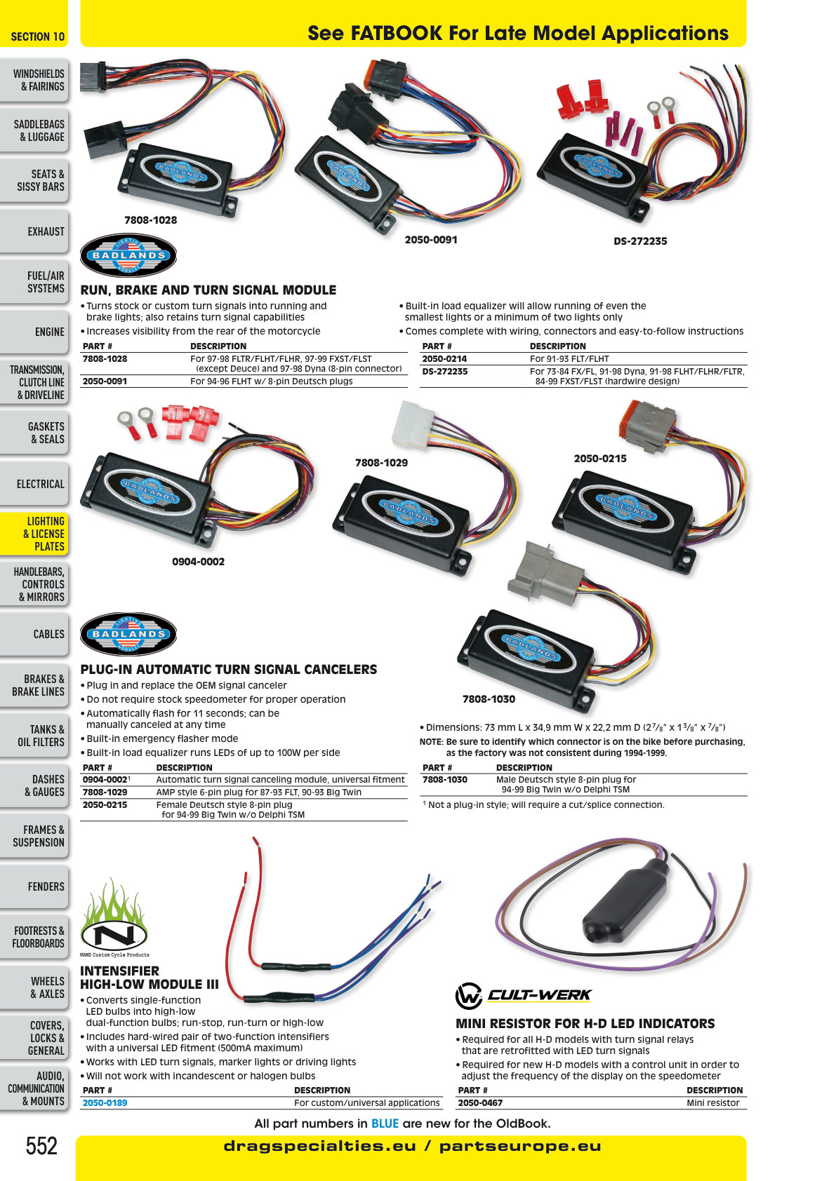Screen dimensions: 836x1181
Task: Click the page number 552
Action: point(41,1146)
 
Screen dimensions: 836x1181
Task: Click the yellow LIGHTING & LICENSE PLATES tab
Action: point(34,534)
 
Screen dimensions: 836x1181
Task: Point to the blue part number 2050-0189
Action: point(105,1102)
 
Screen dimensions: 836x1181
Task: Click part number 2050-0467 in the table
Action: point(480,1102)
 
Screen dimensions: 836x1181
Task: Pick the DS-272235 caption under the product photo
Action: point(640,241)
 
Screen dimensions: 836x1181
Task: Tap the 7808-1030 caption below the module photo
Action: point(489,699)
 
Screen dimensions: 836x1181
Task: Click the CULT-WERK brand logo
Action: point(523,995)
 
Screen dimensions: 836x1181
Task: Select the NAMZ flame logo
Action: point(114,917)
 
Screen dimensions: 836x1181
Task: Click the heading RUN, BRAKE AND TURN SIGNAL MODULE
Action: point(208,290)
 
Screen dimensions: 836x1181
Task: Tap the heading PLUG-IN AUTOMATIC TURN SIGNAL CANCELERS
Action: point(229,670)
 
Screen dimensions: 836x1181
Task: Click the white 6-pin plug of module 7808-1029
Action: point(413,425)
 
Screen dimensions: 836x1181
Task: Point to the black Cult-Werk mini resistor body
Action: point(626,905)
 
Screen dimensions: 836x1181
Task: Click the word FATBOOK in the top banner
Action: point(397,33)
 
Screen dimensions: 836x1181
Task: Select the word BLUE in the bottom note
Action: point(385,1123)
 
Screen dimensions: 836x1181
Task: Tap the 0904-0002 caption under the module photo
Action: point(199,562)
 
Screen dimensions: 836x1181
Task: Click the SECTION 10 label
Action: point(38,36)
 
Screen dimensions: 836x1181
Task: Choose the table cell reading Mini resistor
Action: point(713,1102)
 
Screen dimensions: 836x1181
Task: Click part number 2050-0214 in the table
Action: point(444,358)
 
